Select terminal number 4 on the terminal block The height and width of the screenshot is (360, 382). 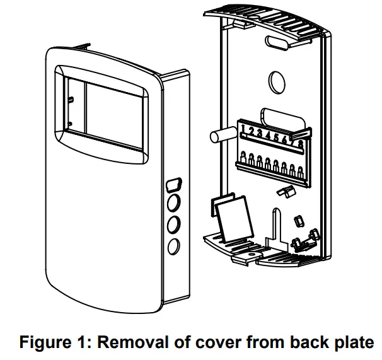(267, 135)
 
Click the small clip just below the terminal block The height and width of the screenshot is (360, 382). (286, 190)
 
